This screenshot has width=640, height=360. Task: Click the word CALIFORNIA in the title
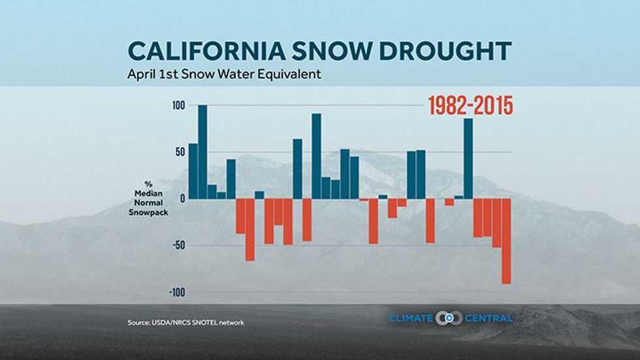[206, 51]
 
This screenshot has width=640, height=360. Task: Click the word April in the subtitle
[140, 74]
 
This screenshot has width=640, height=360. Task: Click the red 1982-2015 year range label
[470, 106]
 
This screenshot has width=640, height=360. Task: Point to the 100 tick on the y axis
[179, 106]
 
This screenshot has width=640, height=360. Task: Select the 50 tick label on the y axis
[180, 152]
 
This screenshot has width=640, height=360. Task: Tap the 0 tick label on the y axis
[182, 199]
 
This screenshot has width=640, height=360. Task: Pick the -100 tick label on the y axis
[177, 292]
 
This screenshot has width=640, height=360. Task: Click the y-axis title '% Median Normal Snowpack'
[148, 199]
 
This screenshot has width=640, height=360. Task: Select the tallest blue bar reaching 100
[202, 152]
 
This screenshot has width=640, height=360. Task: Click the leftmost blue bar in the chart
[193, 171]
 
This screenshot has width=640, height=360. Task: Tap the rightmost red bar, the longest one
[506, 241]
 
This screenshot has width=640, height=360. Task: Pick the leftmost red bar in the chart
[240, 216]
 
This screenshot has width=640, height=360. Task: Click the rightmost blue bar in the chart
[468, 158]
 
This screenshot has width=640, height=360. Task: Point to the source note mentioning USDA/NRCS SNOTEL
[185, 323]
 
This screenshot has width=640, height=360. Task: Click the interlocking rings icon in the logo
[449, 318]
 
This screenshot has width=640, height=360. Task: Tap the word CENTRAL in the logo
[488, 318]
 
